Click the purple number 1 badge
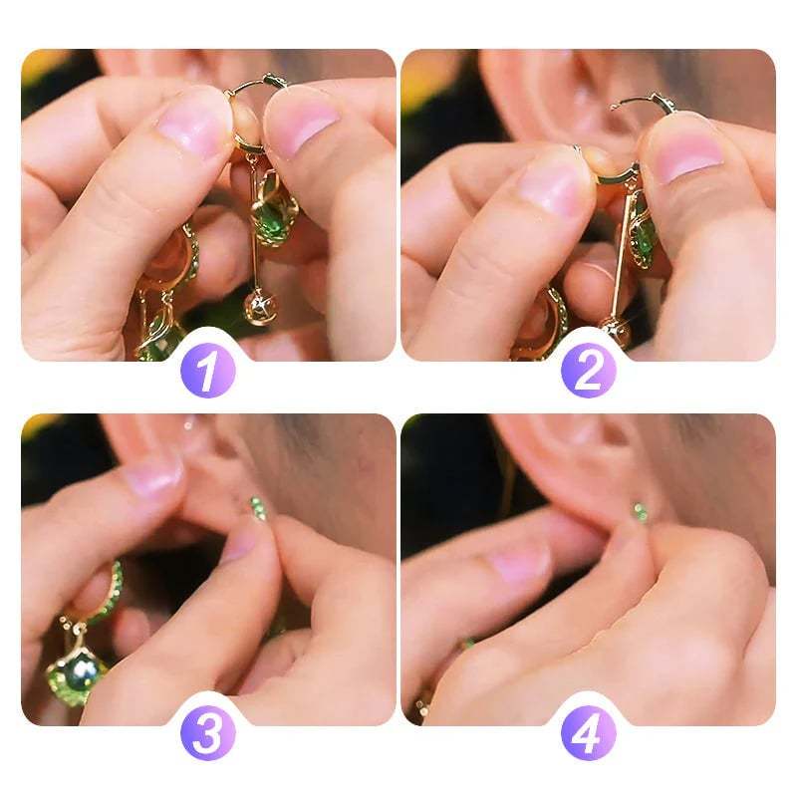pos(207,372)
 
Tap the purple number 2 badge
pos(588,372)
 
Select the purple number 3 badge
pos(207,734)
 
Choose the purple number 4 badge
pos(588,734)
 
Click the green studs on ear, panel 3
pos(259,508)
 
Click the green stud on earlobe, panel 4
pos(641,512)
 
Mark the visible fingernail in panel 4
pos(519,564)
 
